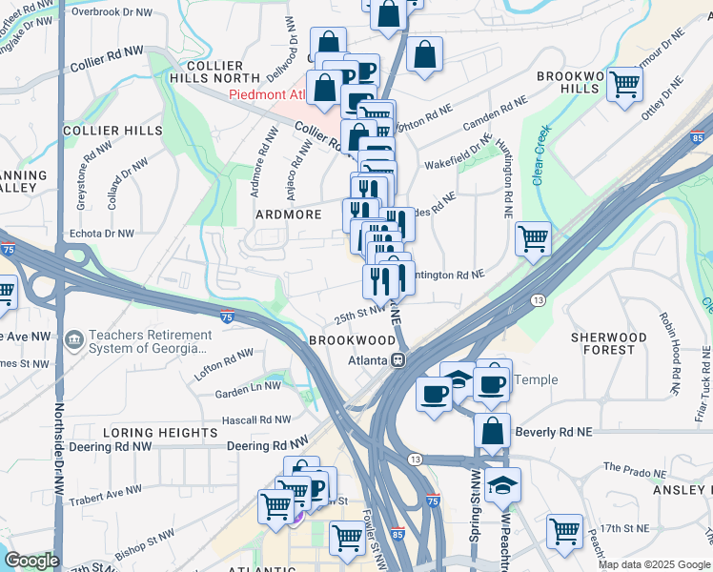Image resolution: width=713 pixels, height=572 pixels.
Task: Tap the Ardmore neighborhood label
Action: pyautogui.click(x=289, y=214)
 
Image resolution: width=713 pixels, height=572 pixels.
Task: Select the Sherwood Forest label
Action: pyautogui.click(x=608, y=343)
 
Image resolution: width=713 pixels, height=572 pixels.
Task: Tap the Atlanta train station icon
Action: pyautogui.click(x=398, y=360)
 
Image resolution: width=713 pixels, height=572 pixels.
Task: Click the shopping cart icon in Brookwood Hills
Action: pyautogui.click(x=624, y=84)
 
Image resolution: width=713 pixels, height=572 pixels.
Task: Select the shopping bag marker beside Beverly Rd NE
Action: pyautogui.click(x=492, y=431)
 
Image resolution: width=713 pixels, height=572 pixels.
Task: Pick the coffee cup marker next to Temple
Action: pyautogui.click(x=492, y=383)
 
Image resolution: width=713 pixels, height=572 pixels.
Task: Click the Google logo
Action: pyautogui.click(x=31, y=561)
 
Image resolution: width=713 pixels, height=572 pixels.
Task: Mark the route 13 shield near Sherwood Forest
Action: pyautogui.click(x=539, y=299)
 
